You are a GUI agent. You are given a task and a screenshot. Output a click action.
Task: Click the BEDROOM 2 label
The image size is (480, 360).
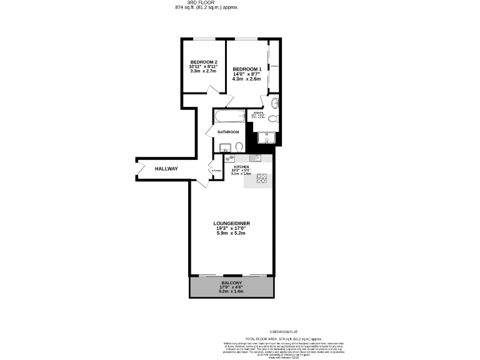click(x=203, y=62)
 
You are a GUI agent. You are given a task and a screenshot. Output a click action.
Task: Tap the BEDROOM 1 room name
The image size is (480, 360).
click(x=246, y=69)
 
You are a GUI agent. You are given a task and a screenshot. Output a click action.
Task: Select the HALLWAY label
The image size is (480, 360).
click(x=167, y=169)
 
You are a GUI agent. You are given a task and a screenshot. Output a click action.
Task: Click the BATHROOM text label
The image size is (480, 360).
click(x=228, y=132)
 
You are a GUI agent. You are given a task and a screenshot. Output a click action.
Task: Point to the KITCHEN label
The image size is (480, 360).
click(x=241, y=167)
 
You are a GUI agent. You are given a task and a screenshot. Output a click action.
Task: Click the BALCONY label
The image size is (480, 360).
click(x=231, y=282)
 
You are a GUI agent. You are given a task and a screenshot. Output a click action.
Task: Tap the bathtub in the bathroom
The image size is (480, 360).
click(x=229, y=116)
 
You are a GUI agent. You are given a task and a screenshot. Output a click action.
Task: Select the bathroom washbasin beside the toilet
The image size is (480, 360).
click(x=225, y=147)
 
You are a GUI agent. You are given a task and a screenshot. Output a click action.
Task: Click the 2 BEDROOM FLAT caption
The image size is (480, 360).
click(x=286, y=332)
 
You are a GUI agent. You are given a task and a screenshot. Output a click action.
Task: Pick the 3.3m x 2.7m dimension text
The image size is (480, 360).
click(x=203, y=71)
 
